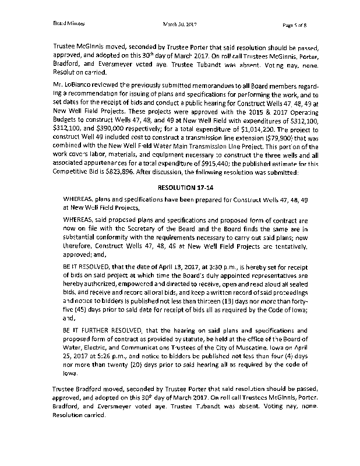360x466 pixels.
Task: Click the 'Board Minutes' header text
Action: coord(69,24)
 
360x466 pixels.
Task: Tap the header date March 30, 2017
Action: coord(181,24)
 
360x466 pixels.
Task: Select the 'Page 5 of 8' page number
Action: coord(299,24)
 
